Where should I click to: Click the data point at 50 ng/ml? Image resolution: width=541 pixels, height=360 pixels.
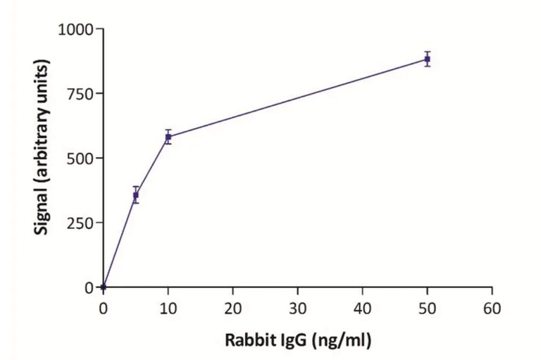tap(427, 59)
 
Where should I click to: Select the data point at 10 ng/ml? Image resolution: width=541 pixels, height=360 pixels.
tap(168, 137)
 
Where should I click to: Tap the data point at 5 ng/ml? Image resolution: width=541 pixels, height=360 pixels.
tap(136, 195)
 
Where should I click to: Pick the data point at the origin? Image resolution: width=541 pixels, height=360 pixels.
tap(104, 287)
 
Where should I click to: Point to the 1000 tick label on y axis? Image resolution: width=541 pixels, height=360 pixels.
tap(75, 30)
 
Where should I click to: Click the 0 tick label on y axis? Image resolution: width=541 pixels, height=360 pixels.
tap(88, 287)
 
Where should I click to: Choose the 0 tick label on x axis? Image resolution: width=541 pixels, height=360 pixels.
tap(104, 308)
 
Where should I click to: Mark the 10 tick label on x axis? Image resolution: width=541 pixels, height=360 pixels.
tap(168, 308)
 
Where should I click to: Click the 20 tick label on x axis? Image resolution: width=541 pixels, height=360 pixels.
tap(232, 308)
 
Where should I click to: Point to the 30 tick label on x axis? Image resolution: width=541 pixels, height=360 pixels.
tap(297, 308)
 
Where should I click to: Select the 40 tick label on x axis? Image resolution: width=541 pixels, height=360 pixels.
tap(362, 308)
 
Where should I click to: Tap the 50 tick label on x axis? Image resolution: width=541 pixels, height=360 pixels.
tap(427, 308)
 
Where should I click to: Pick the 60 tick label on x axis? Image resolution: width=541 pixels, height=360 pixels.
tap(492, 308)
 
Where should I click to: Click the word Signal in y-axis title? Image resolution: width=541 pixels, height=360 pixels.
tap(43, 212)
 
